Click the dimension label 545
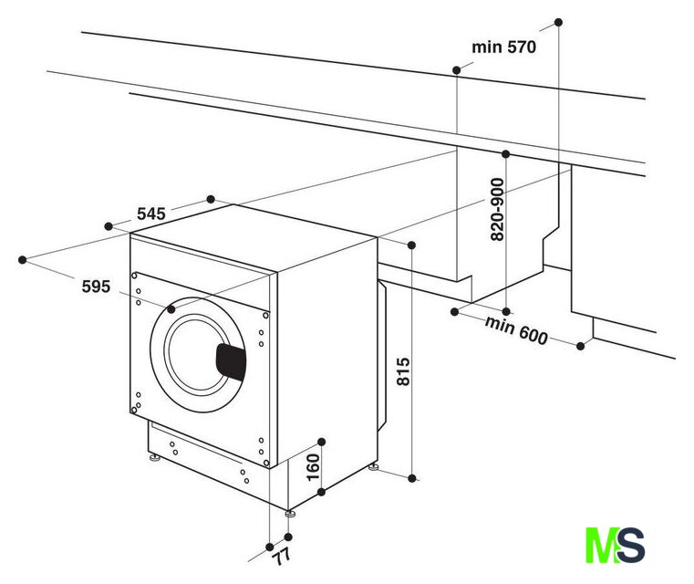pyautogui.click(x=150, y=214)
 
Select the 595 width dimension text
pyautogui.click(x=96, y=287)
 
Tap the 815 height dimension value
pyautogui.click(x=404, y=372)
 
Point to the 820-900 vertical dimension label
pyautogui.click(x=498, y=210)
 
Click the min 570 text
pyautogui.click(x=503, y=47)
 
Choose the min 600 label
pyautogui.click(x=516, y=330)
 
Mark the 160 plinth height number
pyautogui.click(x=313, y=467)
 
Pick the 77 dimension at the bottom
pyautogui.click(x=282, y=556)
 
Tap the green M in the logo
pyautogui.click(x=601, y=545)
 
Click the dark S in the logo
pyautogui.click(x=630, y=545)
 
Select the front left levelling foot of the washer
pyautogui.click(x=154, y=457)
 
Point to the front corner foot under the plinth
pyautogui.click(x=290, y=513)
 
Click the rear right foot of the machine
pyautogui.click(x=374, y=466)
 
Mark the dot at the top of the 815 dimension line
pyautogui.click(x=411, y=245)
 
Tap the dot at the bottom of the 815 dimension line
pyautogui.click(x=412, y=478)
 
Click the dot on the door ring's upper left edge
pyautogui.click(x=171, y=309)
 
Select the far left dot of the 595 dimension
pyautogui.click(x=22, y=259)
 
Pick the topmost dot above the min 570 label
pyautogui.click(x=558, y=22)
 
